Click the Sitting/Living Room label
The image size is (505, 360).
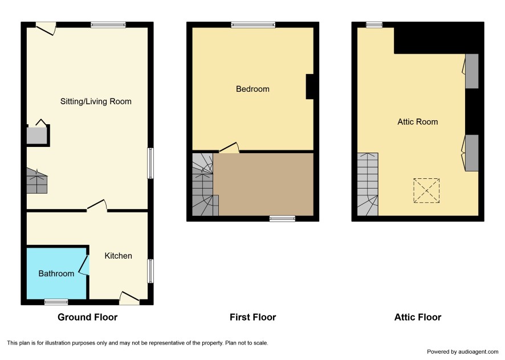[96, 101]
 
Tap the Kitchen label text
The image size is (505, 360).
[118, 256]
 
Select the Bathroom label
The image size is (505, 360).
[56, 273]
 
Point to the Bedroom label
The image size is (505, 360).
[252, 89]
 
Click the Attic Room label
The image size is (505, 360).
[417, 122]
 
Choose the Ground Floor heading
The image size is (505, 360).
[88, 317]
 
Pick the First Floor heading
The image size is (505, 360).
[253, 317]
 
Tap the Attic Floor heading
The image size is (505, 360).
[418, 317]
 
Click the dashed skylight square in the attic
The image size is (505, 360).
[426, 191]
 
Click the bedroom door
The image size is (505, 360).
[229, 148]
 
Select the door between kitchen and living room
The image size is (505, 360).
[97, 206]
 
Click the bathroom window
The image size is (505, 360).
[56, 302]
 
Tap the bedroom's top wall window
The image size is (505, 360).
[253, 25]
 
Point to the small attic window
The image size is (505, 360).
[374, 25]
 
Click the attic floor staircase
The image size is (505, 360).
[368, 184]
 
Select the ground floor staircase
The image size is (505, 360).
[36, 181]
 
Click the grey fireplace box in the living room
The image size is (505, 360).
[36, 136]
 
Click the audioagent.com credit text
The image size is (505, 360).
[462, 351]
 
